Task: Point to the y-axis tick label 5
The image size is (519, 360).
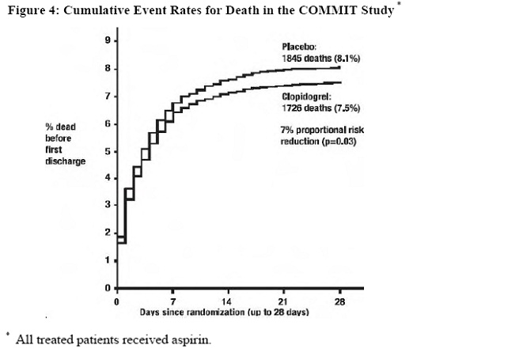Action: tap(108, 151)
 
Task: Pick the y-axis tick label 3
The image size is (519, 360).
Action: tap(108, 206)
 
